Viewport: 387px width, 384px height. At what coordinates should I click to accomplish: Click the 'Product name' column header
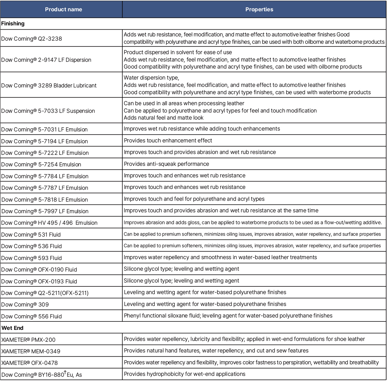63,9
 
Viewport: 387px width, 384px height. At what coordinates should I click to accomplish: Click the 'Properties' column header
259,9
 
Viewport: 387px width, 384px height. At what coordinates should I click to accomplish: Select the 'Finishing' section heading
13,24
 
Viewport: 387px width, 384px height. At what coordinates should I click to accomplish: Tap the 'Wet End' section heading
12,328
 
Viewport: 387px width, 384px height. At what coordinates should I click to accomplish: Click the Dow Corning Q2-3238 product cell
32,39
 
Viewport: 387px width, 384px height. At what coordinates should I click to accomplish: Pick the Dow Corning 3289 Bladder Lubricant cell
49,85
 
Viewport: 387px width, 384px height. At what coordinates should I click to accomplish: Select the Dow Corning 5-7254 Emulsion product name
41,164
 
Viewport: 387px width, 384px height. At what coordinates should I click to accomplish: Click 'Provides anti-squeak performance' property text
166,164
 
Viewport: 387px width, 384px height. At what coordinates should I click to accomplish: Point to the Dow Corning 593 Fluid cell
32,258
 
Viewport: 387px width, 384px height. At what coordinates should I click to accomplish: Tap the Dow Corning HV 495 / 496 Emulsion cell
49,223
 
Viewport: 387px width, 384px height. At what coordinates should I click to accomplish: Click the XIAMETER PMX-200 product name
28,340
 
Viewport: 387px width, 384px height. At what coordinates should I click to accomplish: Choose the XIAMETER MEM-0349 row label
31,351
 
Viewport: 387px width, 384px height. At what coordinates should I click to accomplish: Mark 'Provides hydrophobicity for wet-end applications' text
185,374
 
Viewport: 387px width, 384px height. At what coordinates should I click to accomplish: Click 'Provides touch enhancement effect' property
168,140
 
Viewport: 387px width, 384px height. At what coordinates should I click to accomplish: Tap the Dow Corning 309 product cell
25,304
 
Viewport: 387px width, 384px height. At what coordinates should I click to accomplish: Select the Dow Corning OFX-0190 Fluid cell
39,270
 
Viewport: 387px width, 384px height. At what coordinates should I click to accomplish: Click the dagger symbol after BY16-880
65,372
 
